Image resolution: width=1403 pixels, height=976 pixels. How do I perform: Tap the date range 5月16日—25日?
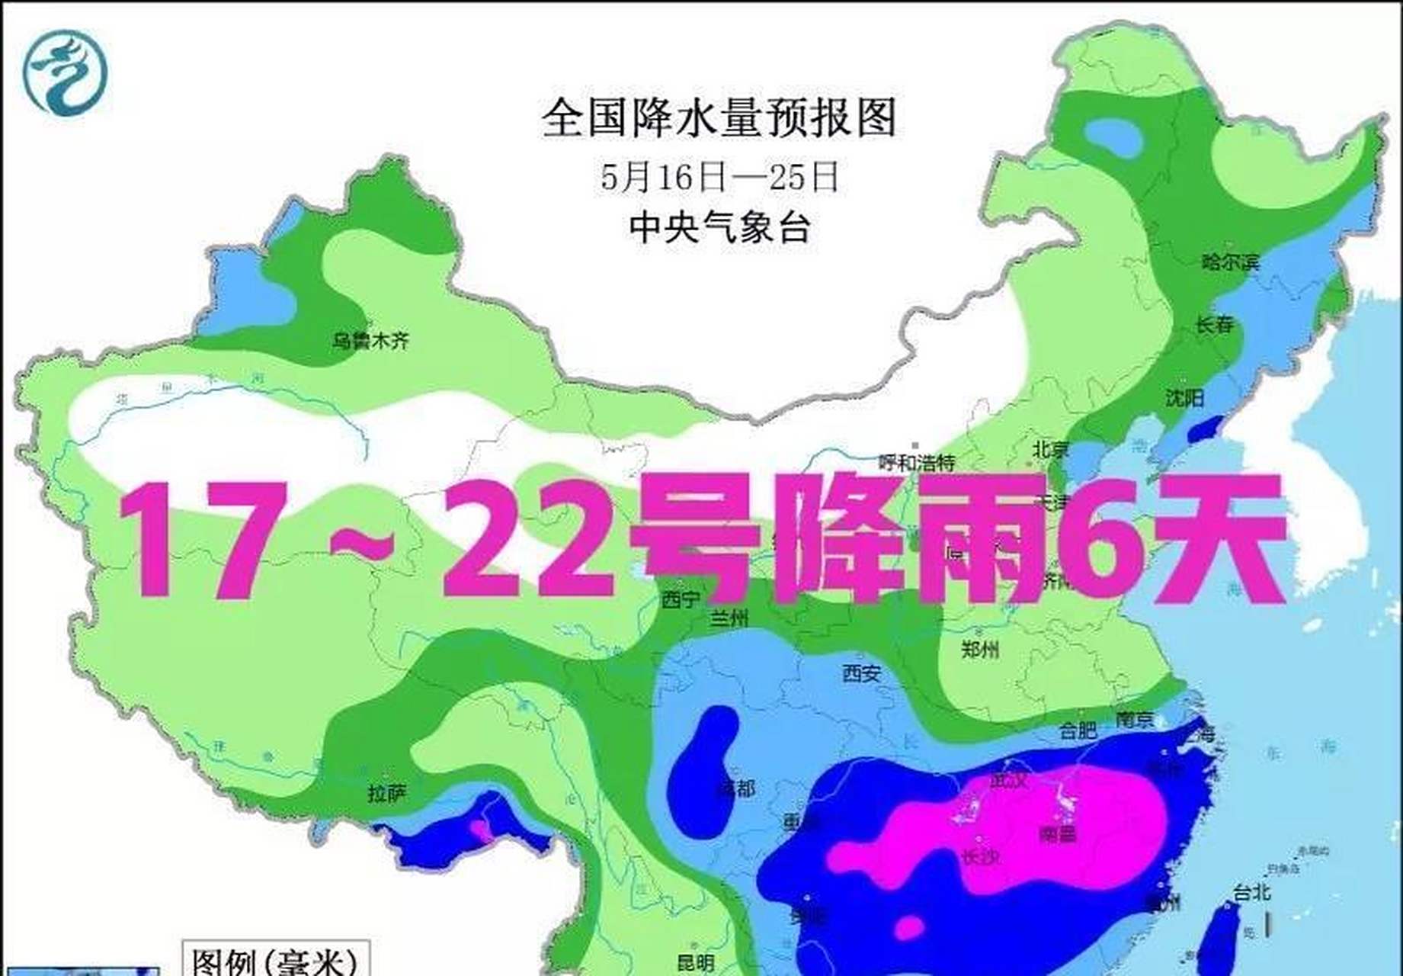pyautogui.click(x=719, y=177)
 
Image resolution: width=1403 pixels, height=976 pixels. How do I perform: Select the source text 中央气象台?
pyautogui.click(x=719, y=226)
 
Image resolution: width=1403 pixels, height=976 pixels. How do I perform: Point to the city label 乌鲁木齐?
pyautogui.click(x=370, y=340)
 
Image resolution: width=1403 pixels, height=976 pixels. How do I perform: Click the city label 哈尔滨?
pyautogui.click(x=1230, y=262)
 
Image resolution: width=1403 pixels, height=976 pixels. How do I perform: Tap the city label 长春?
pyautogui.click(x=1214, y=324)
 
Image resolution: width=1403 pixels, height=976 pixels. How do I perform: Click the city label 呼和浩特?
pyautogui.click(x=916, y=462)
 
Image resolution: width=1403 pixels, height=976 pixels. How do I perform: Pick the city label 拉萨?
pyautogui.click(x=387, y=794)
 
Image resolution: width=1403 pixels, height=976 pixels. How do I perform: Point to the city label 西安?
pyautogui.click(x=861, y=673)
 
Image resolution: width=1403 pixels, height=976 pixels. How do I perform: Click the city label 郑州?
pyautogui.click(x=979, y=650)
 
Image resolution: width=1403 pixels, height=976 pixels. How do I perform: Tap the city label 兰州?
pyautogui.click(x=729, y=618)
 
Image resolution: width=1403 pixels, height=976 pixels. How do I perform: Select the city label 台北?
pyautogui.click(x=1251, y=891)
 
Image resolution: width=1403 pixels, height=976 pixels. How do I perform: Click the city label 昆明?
pyautogui.click(x=695, y=962)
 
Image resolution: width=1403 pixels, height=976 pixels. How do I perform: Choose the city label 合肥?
pyautogui.click(x=1078, y=730)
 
